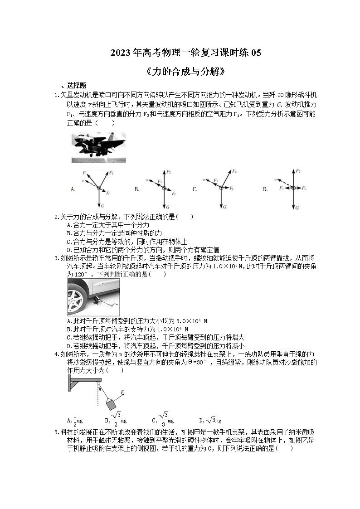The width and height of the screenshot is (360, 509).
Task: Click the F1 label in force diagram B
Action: pos(160,181)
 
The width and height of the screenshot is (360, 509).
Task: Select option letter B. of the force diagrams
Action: pos(136,189)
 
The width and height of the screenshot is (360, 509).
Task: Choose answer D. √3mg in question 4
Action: pos(210,421)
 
